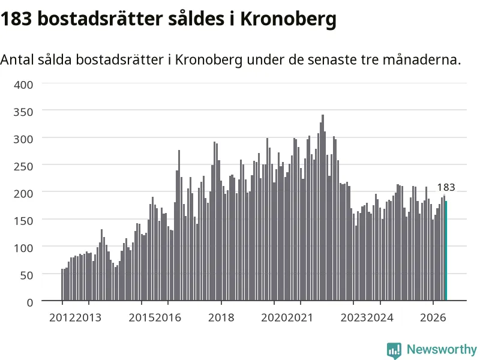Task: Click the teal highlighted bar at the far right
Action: (446, 251)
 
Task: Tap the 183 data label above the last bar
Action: (446, 187)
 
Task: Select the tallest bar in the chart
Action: (323, 208)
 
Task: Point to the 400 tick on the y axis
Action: (23, 85)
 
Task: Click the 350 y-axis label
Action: (23, 112)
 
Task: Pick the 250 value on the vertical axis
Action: (23, 167)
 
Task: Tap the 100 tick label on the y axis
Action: (23, 248)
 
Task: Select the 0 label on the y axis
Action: (30, 303)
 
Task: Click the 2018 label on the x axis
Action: (221, 318)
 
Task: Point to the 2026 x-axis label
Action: (433, 318)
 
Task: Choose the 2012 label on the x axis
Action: (62, 318)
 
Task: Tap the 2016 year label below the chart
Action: (168, 318)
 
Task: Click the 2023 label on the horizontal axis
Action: (353, 318)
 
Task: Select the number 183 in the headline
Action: (16, 19)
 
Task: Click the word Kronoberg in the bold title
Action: (288, 19)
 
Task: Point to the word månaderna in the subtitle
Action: (422, 59)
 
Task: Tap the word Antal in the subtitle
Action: (17, 59)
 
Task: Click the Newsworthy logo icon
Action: (394, 350)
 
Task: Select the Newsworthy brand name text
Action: (442, 349)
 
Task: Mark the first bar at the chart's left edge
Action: (62, 284)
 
